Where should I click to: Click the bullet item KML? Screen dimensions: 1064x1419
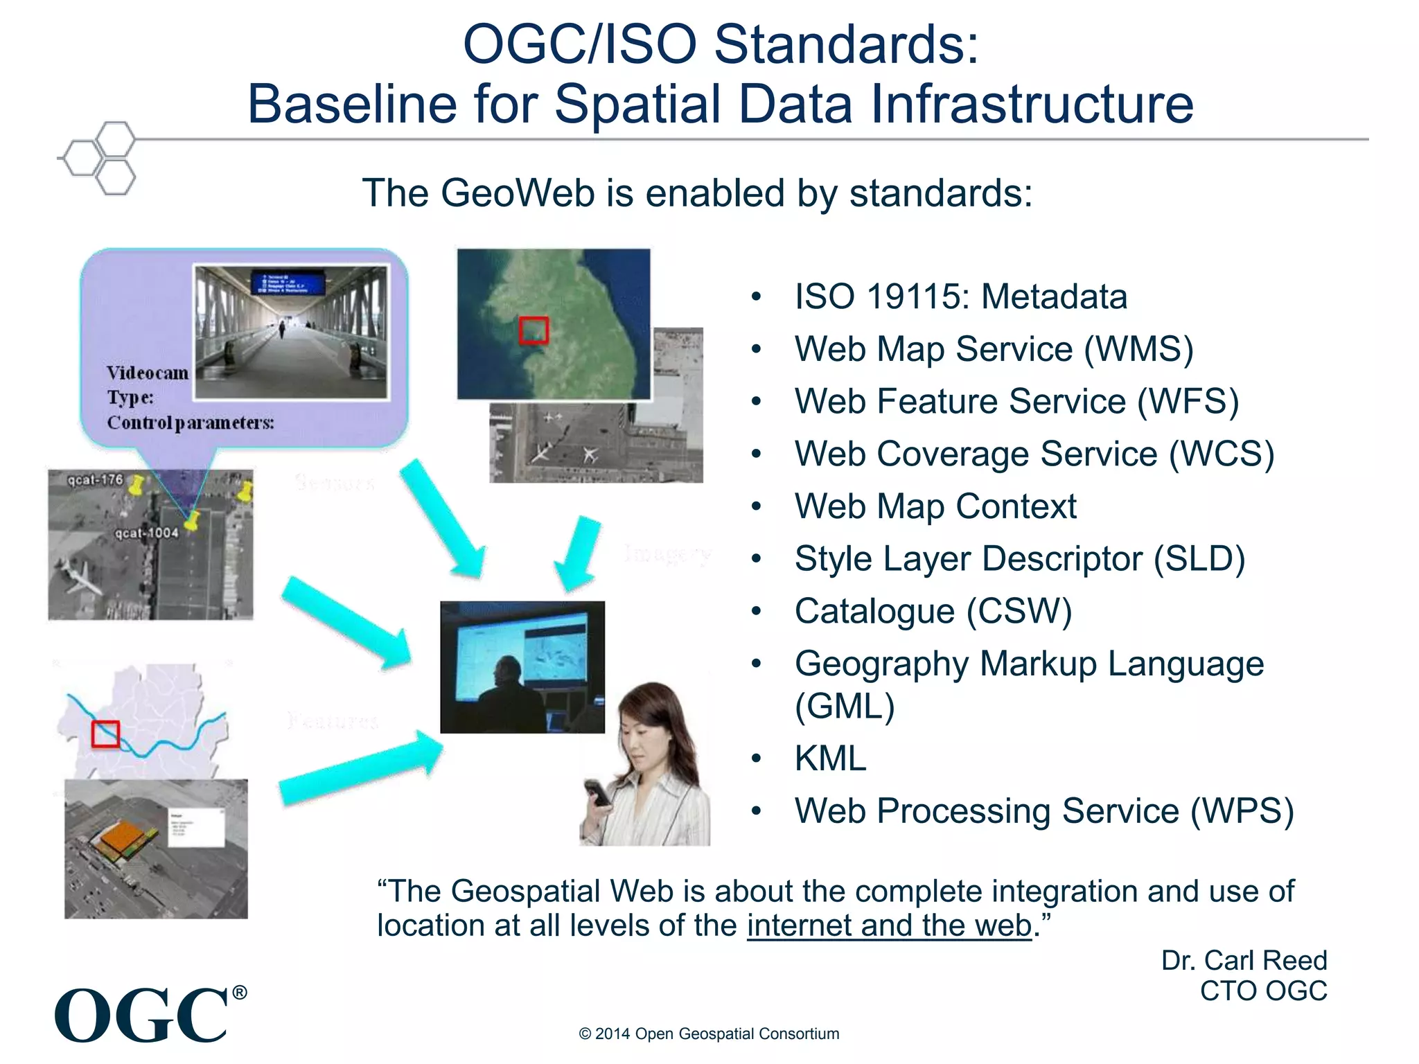(x=830, y=758)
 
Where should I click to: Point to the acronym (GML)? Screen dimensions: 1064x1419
(x=845, y=707)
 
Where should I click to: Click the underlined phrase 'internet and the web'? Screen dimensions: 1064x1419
(x=889, y=926)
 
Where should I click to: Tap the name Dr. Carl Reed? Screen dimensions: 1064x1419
(x=1244, y=960)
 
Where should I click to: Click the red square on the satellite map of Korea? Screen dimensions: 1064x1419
(x=534, y=330)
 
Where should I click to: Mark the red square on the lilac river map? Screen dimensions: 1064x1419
(x=105, y=734)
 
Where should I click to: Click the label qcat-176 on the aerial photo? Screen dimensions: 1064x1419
(x=95, y=479)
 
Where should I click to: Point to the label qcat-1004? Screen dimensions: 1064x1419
(x=146, y=533)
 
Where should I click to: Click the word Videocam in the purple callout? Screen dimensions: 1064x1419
(x=147, y=373)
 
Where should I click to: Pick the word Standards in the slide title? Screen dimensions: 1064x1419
(x=846, y=44)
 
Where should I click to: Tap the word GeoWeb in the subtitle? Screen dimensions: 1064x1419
(x=518, y=193)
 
